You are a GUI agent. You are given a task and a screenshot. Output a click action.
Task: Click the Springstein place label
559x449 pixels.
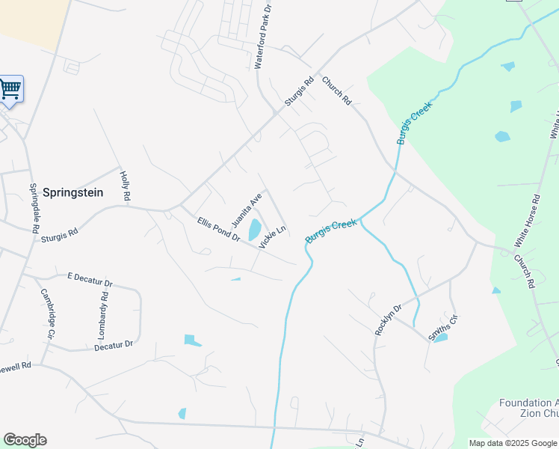72,192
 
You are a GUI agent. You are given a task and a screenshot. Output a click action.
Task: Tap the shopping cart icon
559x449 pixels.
10,89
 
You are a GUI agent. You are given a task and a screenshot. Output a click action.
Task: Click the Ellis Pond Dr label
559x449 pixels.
218,229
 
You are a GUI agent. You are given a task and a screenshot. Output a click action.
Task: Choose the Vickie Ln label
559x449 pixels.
273,236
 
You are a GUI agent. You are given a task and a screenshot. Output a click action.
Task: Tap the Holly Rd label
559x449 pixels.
126,185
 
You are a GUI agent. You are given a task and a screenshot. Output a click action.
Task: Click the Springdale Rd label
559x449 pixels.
34,208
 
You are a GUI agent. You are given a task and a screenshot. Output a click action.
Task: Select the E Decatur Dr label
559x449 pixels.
90,279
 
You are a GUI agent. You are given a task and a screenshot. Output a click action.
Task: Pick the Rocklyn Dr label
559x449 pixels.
388,320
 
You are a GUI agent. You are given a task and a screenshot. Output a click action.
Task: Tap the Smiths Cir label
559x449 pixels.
442,328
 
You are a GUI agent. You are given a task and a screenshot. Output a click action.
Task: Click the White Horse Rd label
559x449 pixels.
527,222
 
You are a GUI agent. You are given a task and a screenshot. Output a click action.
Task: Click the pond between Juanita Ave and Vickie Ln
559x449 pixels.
254,229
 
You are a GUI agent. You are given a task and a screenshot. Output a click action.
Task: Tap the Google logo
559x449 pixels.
25,440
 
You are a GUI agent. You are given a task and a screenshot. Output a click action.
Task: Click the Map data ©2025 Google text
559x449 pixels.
512,443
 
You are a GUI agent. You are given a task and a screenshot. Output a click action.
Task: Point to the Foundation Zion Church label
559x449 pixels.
528,408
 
